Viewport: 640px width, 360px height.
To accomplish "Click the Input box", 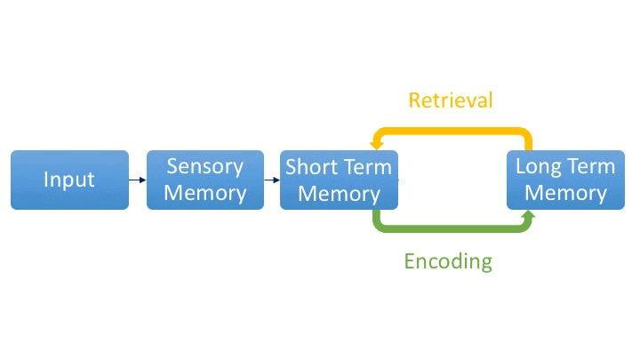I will click(69, 180).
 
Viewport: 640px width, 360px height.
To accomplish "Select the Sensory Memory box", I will click(204, 180).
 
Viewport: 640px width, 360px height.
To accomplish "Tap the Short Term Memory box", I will click(339, 180).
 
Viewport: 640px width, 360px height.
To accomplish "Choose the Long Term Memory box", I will click(565, 180).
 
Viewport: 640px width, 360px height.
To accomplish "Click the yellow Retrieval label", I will click(450, 100).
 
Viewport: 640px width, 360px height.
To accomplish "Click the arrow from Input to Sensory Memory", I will click(137, 180).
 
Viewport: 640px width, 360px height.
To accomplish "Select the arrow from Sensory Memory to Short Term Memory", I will click(271, 180).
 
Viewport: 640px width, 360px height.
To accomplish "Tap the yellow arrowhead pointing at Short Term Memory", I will click(376, 141).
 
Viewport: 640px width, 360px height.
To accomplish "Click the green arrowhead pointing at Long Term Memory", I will click(528, 216).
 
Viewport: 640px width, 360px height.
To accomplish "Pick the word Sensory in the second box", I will click(204, 167).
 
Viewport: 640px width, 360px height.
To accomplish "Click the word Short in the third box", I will click(308, 167).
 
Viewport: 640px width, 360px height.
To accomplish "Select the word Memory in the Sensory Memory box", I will click(204, 193).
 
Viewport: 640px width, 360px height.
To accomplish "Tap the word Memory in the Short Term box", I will click(339, 193).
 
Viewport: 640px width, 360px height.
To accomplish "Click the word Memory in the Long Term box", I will click(565, 193).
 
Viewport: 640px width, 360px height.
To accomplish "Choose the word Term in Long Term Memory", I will click(589, 167).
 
